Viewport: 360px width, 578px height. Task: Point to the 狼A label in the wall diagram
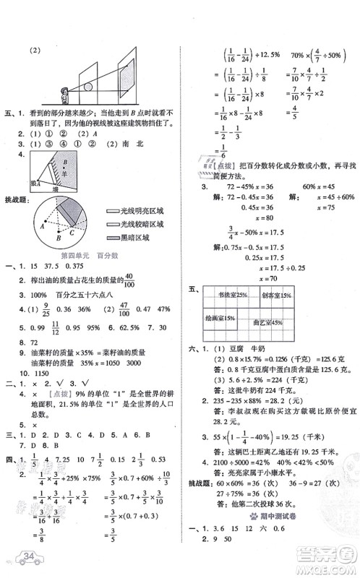pos(32,184)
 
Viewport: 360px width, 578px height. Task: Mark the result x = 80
pos(245,198)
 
